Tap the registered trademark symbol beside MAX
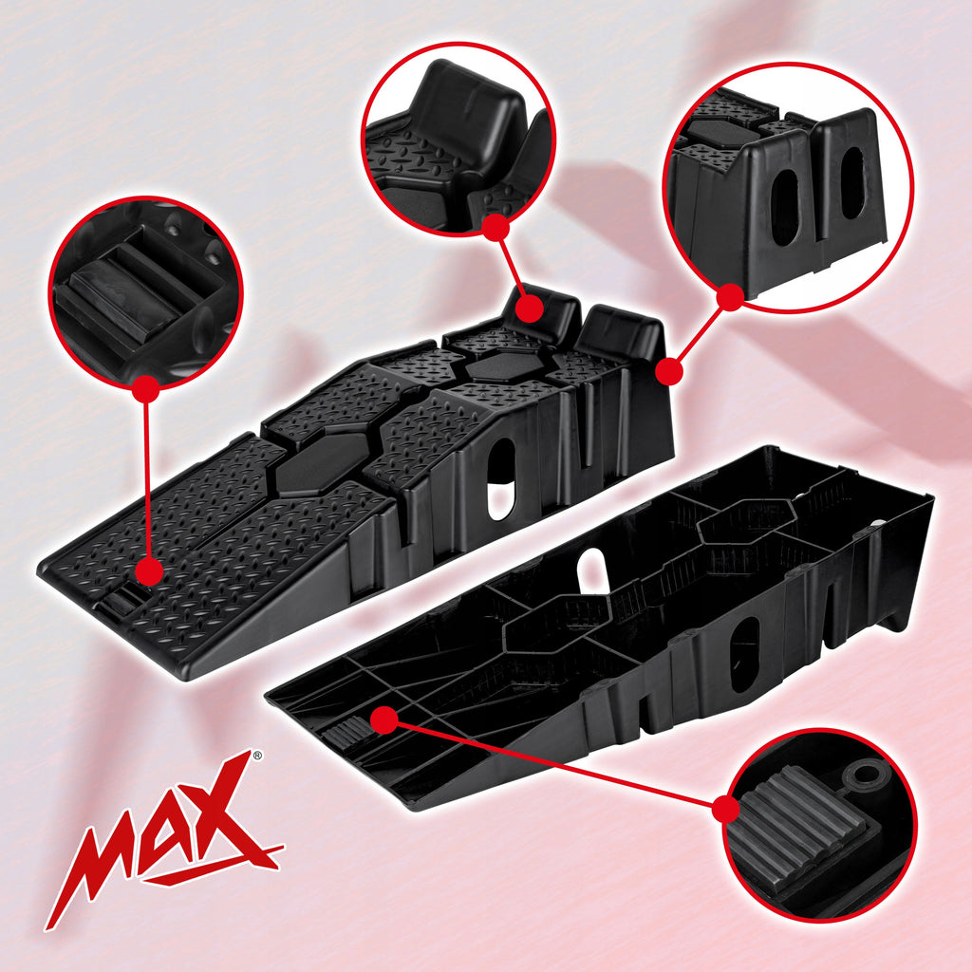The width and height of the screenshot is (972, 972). coord(256,756)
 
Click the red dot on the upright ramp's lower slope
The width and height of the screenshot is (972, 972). coord(149,570)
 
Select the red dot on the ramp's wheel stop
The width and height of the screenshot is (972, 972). coord(529,308)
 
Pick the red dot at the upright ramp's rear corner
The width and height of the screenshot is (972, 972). coord(669,371)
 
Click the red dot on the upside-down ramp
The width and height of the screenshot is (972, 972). coord(384,720)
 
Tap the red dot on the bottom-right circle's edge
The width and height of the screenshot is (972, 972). coord(726,809)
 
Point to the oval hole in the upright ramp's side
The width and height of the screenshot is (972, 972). coord(501,479)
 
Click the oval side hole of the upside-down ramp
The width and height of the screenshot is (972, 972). coord(744,654)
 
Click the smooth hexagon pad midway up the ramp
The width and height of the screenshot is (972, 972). coord(323,463)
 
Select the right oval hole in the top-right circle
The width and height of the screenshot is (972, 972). coord(851,182)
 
